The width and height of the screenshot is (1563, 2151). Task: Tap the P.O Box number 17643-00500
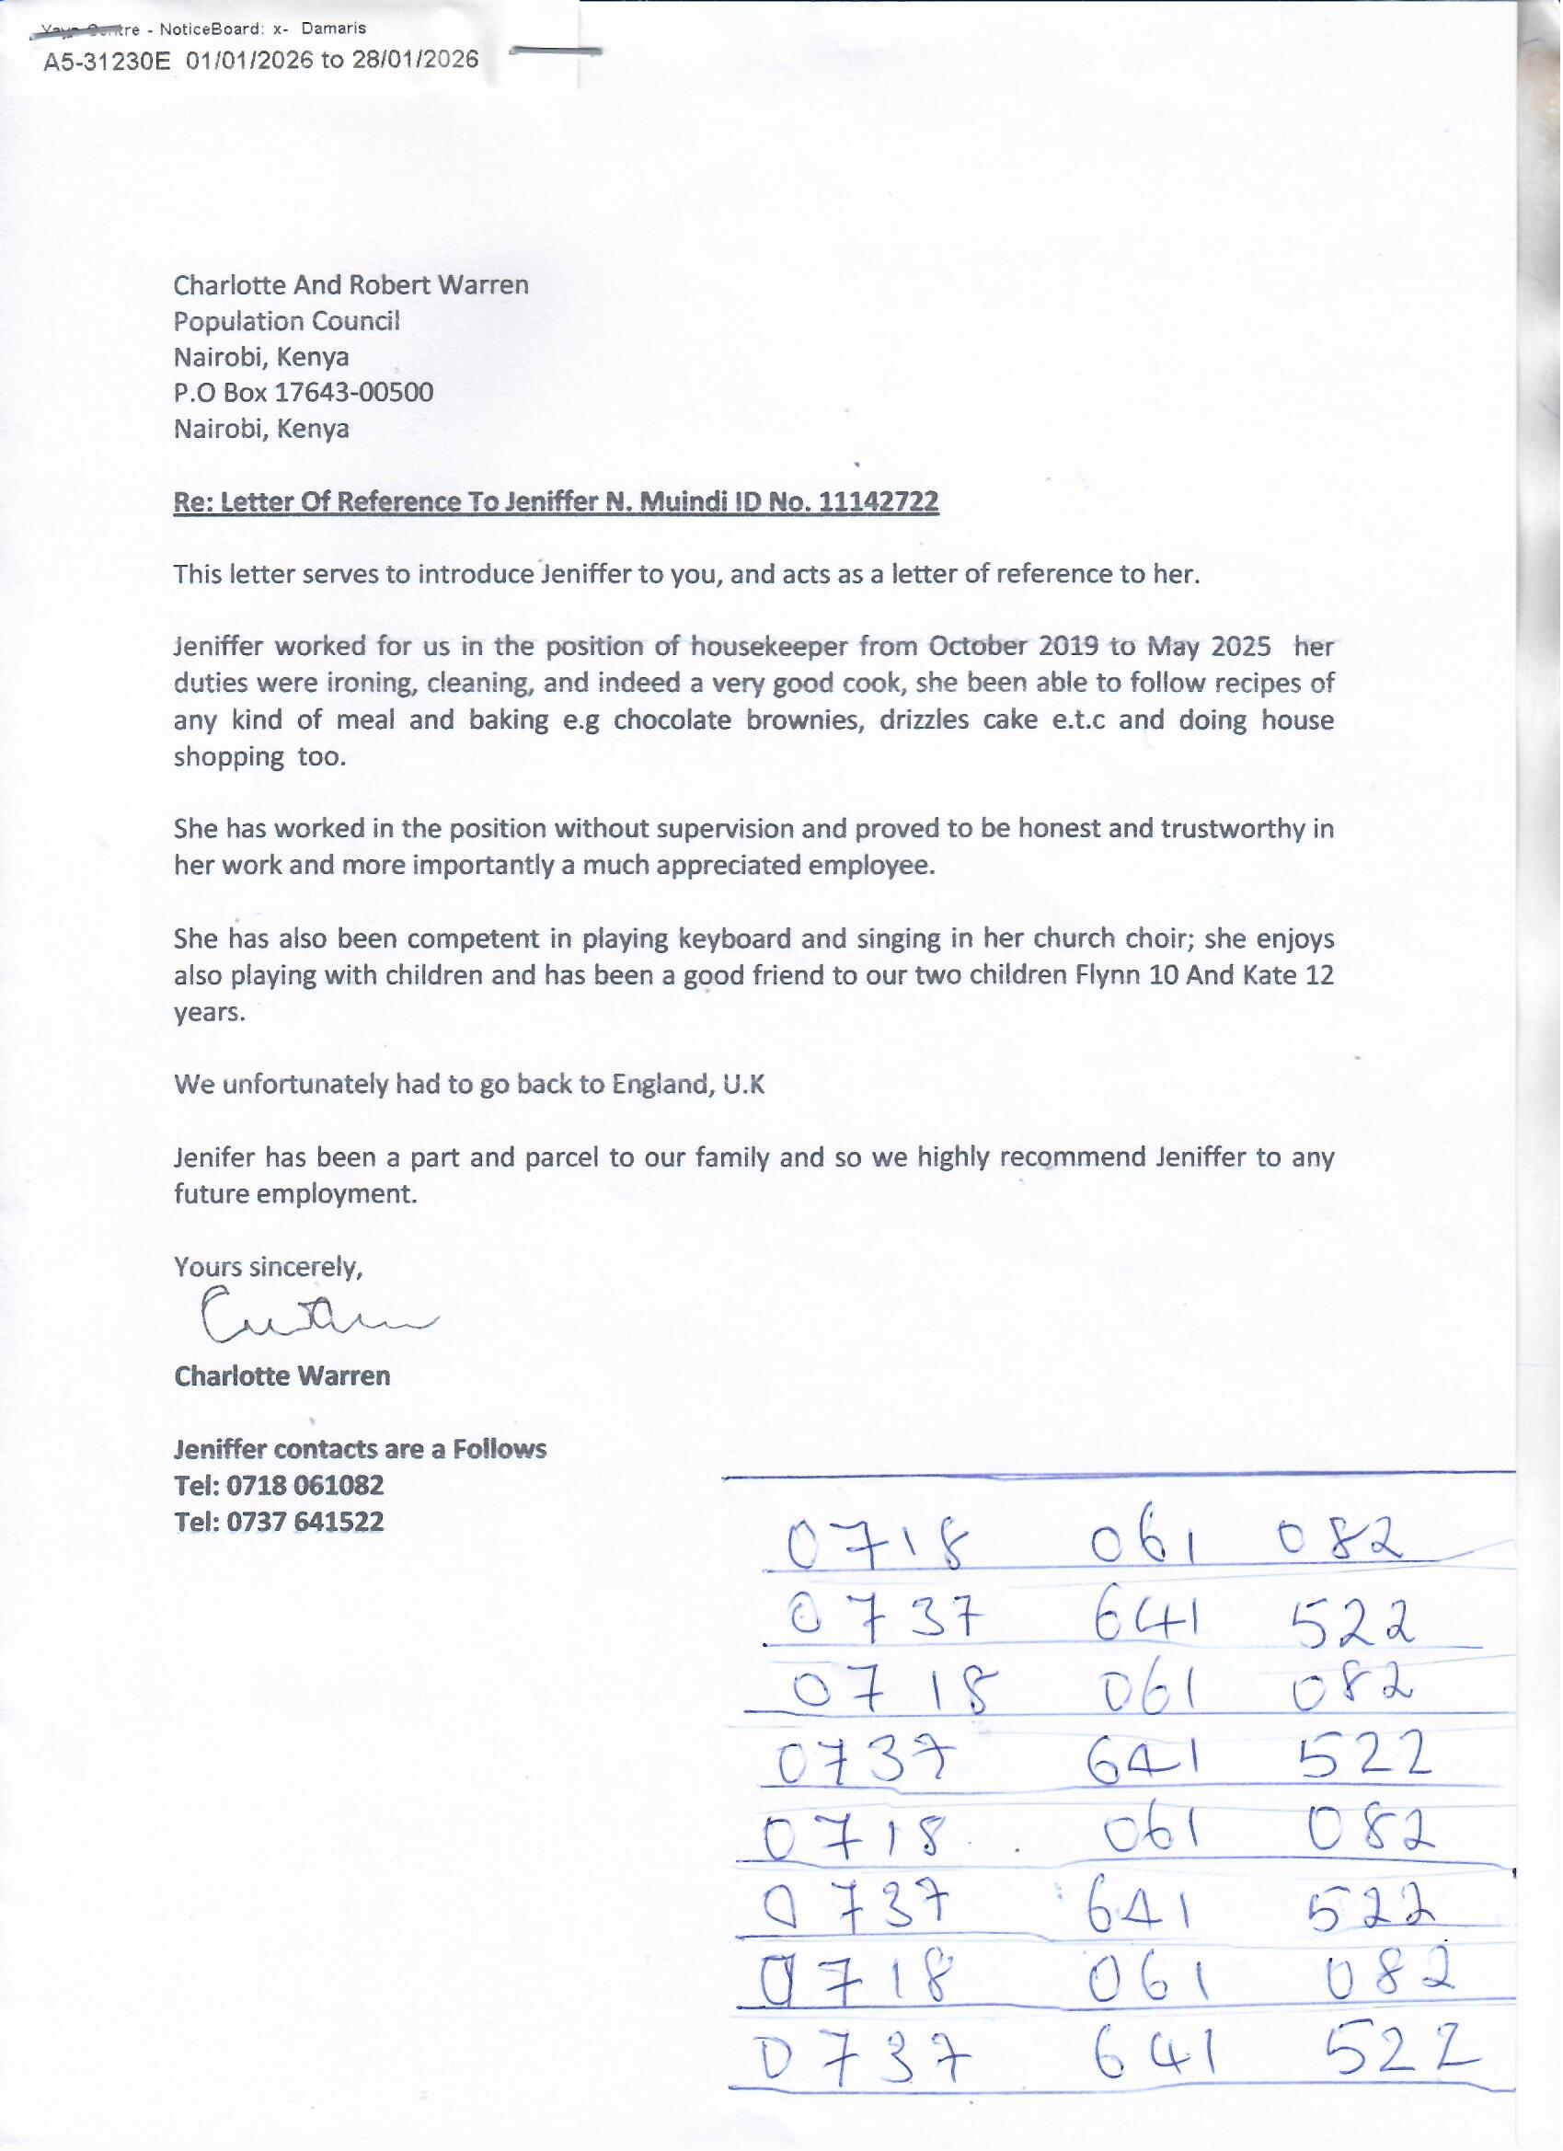point(354,393)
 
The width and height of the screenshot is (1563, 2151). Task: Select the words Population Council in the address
point(286,321)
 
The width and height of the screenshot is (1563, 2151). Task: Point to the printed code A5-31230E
point(107,62)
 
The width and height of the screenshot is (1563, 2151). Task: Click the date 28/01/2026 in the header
point(416,61)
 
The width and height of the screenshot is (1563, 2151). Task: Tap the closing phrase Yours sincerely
point(268,1267)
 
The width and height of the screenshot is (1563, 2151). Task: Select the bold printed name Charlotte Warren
point(282,1376)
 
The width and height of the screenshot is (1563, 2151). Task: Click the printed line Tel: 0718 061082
point(279,1485)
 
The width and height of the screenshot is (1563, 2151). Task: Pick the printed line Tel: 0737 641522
point(279,1523)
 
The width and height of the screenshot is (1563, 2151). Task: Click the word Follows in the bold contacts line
point(499,1449)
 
